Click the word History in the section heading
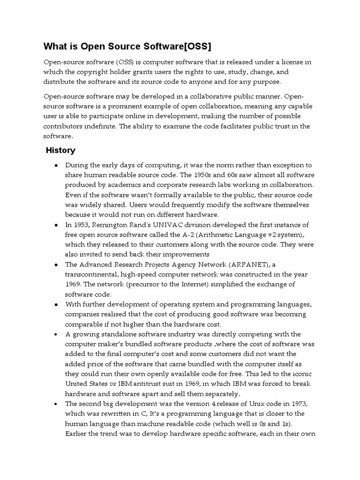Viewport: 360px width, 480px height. [60, 150]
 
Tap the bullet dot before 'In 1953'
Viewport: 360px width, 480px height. [56, 225]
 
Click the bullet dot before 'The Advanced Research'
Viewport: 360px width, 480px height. [56, 265]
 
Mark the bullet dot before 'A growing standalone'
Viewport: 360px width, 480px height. [56, 334]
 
